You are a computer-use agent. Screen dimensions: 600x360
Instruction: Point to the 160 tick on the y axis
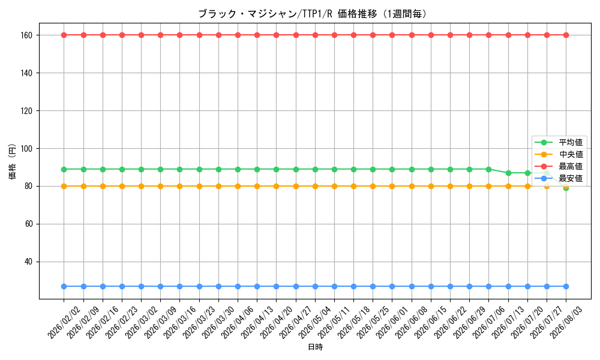27,35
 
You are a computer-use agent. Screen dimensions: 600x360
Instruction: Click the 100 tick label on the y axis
27,148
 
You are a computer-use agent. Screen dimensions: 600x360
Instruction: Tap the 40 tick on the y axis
29,262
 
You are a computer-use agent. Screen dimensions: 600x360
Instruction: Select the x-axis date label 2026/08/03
566,323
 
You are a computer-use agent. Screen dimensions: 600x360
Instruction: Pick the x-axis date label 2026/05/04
315,323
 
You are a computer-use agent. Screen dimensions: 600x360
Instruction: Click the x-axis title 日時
316,347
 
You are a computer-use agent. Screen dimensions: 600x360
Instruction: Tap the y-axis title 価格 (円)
13,161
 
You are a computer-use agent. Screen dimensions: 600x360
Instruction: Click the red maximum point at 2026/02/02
64,35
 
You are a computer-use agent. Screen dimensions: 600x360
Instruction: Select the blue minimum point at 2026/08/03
566,287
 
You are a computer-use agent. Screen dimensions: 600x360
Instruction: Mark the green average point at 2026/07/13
508,173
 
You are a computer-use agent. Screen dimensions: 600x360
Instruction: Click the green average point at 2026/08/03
566,188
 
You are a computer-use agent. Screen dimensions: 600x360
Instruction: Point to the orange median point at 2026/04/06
238,187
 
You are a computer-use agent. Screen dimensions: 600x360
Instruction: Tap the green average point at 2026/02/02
64,169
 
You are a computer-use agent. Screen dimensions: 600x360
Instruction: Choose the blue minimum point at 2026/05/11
334,287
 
